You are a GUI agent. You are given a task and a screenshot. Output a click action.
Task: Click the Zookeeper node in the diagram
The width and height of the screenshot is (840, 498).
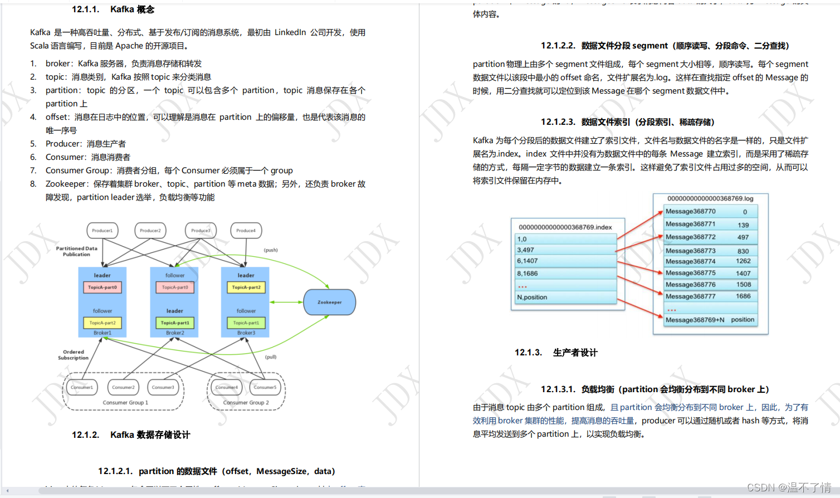329,302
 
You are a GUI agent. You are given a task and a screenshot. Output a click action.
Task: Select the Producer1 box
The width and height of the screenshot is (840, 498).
102,231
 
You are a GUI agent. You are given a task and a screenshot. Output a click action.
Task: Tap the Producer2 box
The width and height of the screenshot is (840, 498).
150,231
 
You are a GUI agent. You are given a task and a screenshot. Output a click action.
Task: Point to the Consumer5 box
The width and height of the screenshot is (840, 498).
265,387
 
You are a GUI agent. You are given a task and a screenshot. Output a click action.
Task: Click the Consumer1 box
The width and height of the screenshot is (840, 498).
82,387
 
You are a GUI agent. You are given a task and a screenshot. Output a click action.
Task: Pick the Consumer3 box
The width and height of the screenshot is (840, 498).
163,387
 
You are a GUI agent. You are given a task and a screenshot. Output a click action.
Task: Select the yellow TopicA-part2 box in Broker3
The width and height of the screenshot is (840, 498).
246,287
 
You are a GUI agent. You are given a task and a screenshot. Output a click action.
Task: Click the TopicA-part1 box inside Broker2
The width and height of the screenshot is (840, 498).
174,323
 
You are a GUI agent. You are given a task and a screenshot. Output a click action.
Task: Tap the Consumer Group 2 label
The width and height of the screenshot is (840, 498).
246,402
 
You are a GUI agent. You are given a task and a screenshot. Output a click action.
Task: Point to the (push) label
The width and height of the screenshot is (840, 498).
271,250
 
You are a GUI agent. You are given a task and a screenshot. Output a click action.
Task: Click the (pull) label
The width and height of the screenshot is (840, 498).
271,357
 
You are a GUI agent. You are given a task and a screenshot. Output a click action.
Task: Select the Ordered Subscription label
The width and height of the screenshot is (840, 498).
73,355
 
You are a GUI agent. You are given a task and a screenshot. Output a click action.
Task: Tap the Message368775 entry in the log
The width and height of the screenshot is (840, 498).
691,273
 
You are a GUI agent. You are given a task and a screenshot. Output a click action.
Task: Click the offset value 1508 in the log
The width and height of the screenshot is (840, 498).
743,285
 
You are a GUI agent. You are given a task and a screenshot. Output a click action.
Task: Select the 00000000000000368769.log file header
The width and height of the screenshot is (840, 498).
710,199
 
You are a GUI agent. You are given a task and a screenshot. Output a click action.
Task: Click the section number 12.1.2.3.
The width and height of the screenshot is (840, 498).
558,122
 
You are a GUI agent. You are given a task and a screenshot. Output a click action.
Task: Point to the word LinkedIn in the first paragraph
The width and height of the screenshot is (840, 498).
290,32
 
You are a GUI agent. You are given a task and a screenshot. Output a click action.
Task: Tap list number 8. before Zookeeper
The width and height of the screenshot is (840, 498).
33,184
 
